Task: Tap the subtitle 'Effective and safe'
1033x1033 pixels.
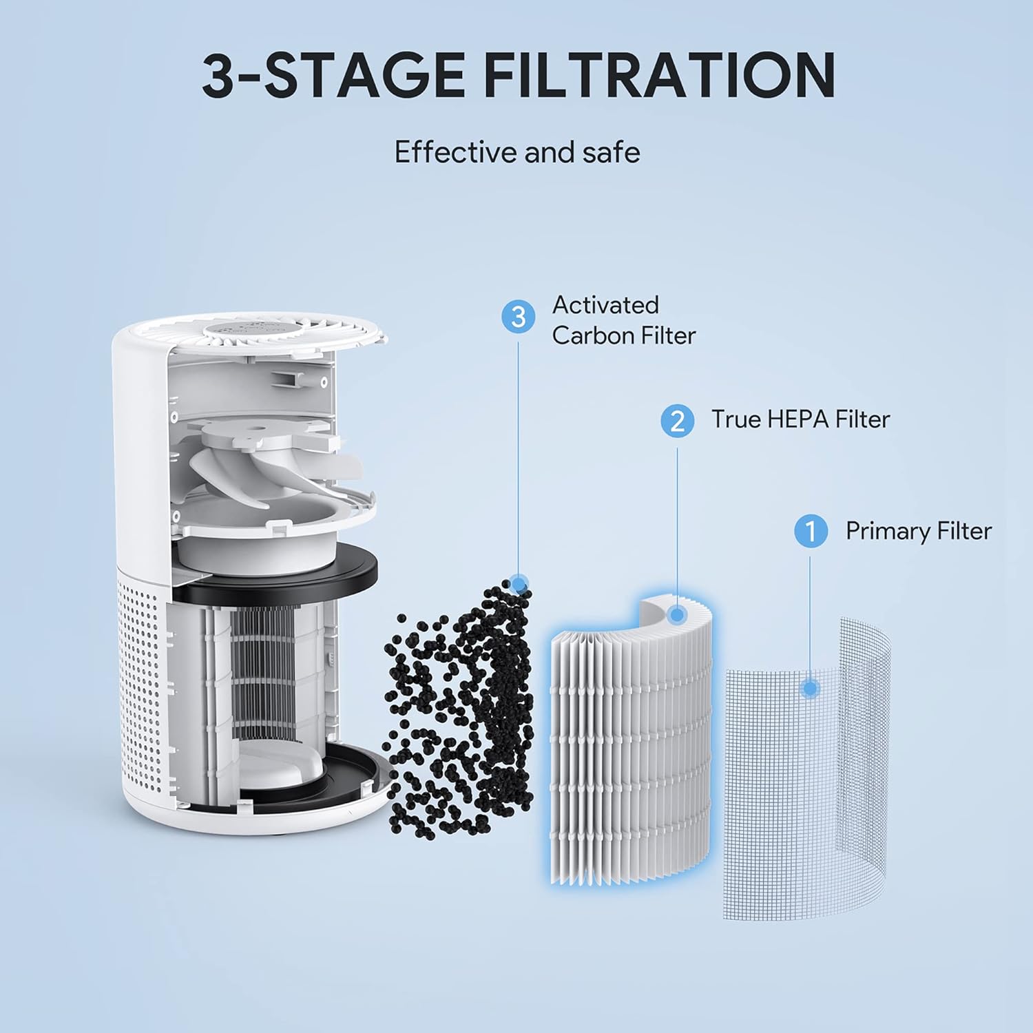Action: (x=516, y=152)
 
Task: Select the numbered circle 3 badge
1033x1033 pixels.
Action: (x=519, y=317)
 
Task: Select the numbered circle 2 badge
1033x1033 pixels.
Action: (x=677, y=419)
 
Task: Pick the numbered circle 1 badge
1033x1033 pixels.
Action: (x=811, y=532)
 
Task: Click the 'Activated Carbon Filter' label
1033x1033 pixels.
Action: (x=623, y=320)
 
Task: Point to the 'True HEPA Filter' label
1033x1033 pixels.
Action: (x=800, y=419)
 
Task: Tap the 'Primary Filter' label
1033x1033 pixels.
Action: (x=918, y=531)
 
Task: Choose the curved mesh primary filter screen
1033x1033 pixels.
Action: (x=806, y=764)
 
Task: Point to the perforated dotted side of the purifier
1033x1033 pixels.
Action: (x=141, y=661)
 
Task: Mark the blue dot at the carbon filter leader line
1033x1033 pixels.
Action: (x=520, y=584)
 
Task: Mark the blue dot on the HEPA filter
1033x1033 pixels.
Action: (x=677, y=614)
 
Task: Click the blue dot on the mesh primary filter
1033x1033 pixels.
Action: (x=811, y=688)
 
